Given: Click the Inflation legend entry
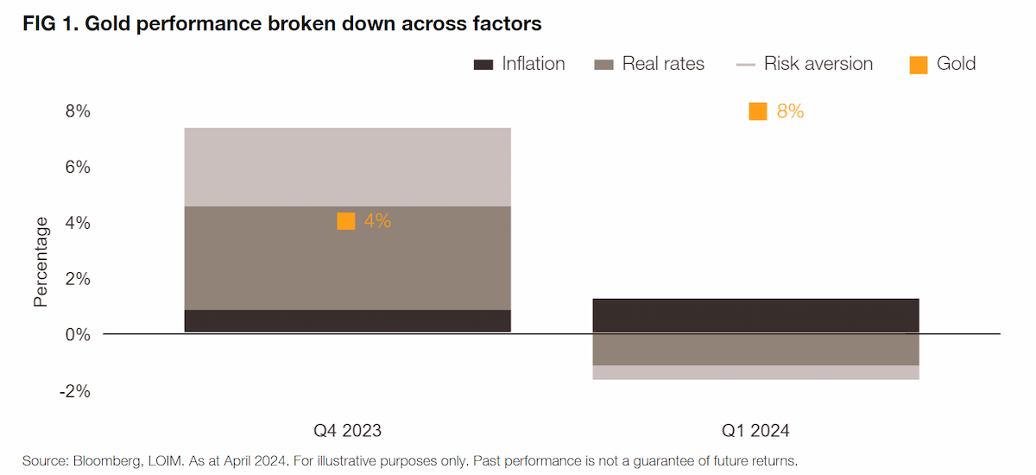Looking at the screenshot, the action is click(519, 64).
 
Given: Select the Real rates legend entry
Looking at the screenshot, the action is click(649, 64).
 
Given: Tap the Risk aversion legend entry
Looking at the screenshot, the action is click(805, 64).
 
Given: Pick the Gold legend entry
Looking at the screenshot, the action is click(942, 64).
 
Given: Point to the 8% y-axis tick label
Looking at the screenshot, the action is click(78, 111).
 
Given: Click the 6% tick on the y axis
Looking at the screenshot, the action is click(78, 167).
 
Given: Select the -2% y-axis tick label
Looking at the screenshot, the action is click(75, 391).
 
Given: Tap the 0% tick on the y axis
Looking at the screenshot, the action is click(78, 334).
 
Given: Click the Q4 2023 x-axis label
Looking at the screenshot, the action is click(347, 431).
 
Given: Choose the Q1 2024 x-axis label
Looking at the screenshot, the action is click(755, 431).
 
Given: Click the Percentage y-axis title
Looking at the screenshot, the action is click(41, 262).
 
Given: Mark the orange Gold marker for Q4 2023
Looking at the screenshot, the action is click(346, 221).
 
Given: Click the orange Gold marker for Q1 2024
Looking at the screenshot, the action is click(758, 111).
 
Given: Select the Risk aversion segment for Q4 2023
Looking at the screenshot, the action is click(347, 167).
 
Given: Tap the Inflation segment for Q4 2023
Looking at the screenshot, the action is click(347, 320).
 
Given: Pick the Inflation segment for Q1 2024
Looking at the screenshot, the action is click(755, 315).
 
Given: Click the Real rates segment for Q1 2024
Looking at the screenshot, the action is click(755, 349).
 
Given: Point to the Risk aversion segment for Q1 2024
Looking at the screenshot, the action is click(755, 373).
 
